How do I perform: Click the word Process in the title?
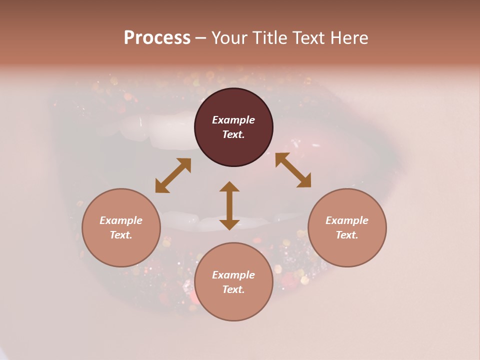pyautogui.click(x=157, y=38)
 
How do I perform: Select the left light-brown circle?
pyautogui.click(x=121, y=227)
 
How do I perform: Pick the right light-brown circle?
pyautogui.click(x=347, y=227)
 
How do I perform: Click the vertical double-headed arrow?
pyautogui.click(x=229, y=205)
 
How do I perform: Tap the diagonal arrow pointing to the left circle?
pyautogui.click(x=173, y=175)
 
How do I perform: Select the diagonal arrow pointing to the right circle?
pyautogui.click(x=293, y=170)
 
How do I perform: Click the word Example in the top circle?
pyautogui.click(x=233, y=120)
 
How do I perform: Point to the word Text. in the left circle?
pyautogui.click(x=121, y=235)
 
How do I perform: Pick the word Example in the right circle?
pyautogui.click(x=347, y=220)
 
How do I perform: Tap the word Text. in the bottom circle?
pyautogui.click(x=233, y=289)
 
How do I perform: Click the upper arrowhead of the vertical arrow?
pyautogui.click(x=229, y=186)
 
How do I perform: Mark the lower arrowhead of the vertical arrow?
pyautogui.click(x=229, y=224)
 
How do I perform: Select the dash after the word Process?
pyautogui.click(x=201, y=38)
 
